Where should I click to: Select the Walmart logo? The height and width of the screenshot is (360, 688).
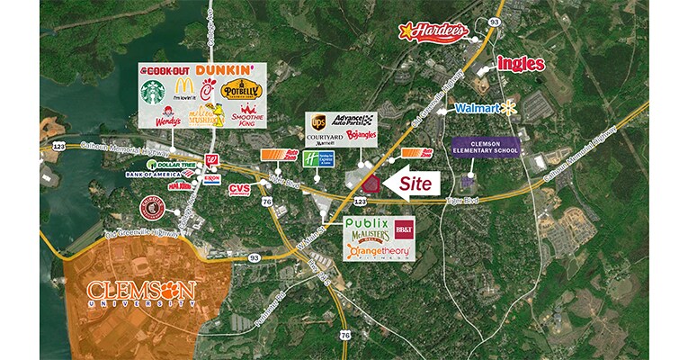tap(487, 108)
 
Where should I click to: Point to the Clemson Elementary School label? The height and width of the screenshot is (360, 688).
tap(486, 146)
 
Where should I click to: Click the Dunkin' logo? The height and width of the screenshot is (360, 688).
tap(220, 69)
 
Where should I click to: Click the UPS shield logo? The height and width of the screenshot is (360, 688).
tap(317, 121)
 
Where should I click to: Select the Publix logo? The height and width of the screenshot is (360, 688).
tap(367, 223)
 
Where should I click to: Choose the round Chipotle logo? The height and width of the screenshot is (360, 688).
tap(154, 210)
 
